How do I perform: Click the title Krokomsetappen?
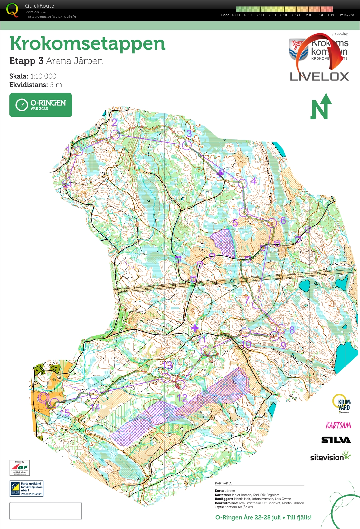87,43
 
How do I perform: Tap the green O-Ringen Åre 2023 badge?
41,105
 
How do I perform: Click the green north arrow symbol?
321,107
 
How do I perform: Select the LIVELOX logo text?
319,77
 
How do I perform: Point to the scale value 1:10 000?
43,76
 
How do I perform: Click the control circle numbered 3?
187,145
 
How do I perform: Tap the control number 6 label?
283,220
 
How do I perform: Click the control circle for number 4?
242,183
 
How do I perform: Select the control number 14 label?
96,407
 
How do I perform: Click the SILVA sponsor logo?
336,440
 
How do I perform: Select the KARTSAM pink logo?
338,425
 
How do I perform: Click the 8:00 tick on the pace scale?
284,15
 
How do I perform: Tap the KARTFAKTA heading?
223,483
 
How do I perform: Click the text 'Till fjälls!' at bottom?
299,517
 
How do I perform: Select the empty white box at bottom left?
45,511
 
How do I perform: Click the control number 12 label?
182,398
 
